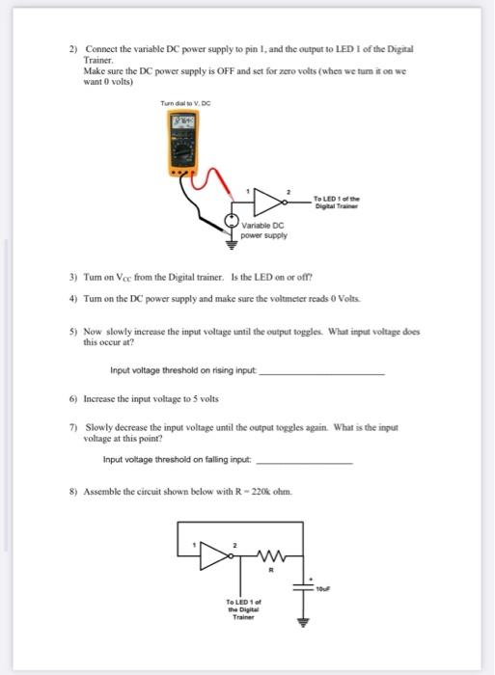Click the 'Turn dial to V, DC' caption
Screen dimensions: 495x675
[x=187, y=104]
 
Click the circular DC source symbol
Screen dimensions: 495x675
[x=232, y=221]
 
